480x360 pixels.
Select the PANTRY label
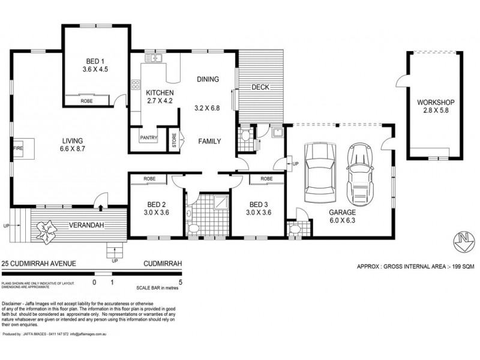(x=148, y=137)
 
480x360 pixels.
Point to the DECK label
(x=260, y=88)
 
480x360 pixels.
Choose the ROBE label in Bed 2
(x=150, y=179)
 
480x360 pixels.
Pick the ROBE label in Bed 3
(x=267, y=179)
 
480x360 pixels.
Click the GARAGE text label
(x=341, y=212)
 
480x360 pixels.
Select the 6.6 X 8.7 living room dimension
(x=74, y=151)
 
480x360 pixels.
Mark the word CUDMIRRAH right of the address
(x=163, y=263)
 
